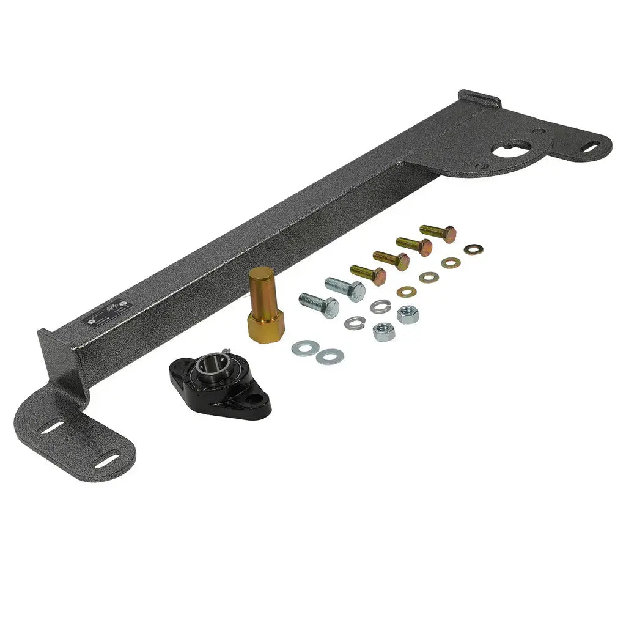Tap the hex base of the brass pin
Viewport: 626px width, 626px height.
point(265,325)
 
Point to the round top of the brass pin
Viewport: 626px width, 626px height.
point(261,273)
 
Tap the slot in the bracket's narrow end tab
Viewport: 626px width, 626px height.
point(591,146)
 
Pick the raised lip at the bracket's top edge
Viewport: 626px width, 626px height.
point(481,98)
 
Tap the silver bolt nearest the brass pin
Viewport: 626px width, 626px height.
point(319,304)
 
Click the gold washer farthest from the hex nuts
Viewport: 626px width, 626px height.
point(473,249)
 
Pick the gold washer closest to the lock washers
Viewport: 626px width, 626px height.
point(406,292)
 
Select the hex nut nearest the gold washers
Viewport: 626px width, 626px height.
point(407,314)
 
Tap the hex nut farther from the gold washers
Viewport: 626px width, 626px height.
point(383,332)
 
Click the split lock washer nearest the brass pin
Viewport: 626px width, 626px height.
point(354,323)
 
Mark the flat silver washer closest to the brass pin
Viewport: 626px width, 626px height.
point(304,348)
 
